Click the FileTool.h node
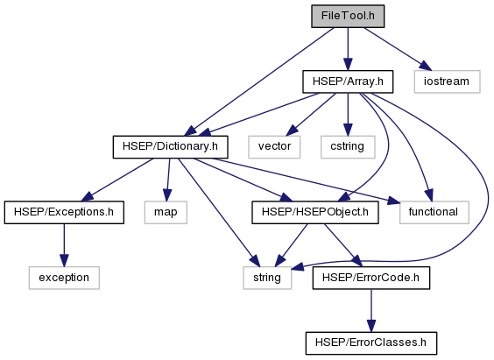[x=348, y=16]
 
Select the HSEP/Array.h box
[x=348, y=81]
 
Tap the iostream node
[x=447, y=81]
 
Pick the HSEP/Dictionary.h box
[x=170, y=147]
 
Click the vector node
[x=274, y=147]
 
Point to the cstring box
[x=348, y=147]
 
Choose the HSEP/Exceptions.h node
[x=64, y=212]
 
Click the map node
[x=166, y=212]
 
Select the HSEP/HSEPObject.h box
[x=315, y=212]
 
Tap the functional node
[x=434, y=212]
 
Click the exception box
[x=64, y=278]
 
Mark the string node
[x=267, y=278]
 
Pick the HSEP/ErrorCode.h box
[x=371, y=278]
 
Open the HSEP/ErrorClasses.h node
[x=371, y=343]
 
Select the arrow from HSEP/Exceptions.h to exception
[x=64, y=245]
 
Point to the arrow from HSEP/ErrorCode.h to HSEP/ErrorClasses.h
[x=371, y=311]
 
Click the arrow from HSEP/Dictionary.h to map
[x=168, y=180]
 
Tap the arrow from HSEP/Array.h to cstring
[x=348, y=115]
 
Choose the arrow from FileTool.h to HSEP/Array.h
[x=348, y=49]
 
